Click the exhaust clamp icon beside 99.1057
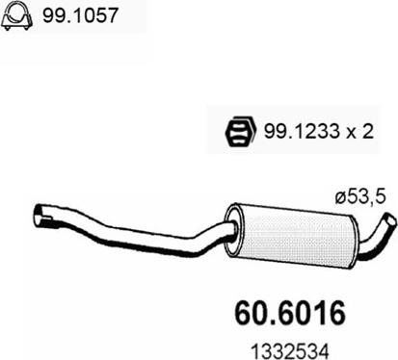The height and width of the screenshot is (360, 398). point(17,16)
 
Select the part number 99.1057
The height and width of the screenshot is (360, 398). point(80,15)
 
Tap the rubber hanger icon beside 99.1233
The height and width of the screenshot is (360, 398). point(241,132)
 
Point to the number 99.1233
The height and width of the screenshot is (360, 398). point(302,131)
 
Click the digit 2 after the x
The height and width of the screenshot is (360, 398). point(367,131)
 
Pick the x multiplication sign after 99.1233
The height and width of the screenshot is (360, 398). point(351,133)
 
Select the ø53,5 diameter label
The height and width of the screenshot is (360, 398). point(359,197)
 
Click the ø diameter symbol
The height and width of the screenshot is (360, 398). point(340,198)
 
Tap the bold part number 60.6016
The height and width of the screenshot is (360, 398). point(290,313)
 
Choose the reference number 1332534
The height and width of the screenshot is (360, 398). point(290,351)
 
